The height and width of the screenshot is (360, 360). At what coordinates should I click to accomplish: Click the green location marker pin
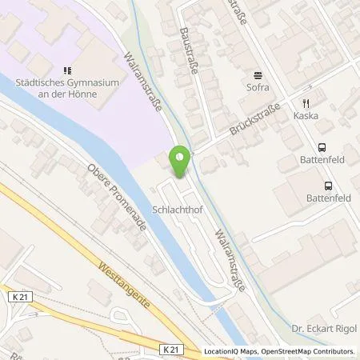[x=181, y=162]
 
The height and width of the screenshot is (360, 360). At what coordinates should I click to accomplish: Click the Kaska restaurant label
[x=306, y=116]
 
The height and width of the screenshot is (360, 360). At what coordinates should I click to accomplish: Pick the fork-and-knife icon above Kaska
[x=306, y=103]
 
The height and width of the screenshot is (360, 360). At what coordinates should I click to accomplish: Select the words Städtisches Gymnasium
[x=56, y=82]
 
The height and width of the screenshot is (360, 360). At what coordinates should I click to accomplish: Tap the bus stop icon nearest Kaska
[x=321, y=147]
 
